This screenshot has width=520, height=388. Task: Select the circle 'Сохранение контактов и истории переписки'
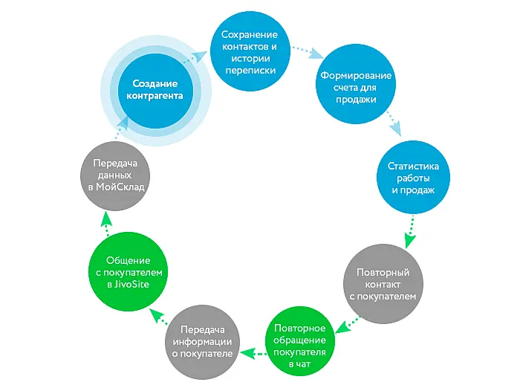(x=249, y=52)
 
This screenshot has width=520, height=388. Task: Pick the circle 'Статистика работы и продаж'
(x=414, y=178)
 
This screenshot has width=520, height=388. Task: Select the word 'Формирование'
(x=356, y=77)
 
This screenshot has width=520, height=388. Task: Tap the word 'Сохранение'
(x=249, y=36)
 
